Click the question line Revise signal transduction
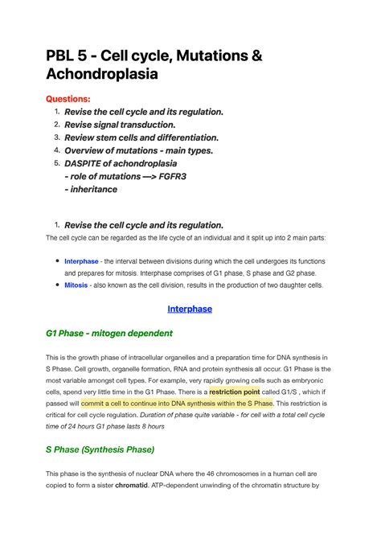click(120, 125)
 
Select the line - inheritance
click(91, 189)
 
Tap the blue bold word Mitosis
click(76, 285)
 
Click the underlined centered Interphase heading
click(190, 309)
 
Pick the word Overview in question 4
click(88, 150)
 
